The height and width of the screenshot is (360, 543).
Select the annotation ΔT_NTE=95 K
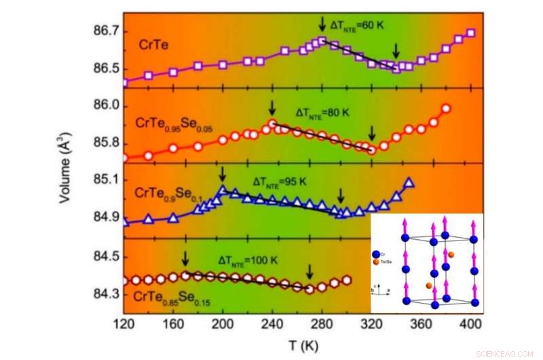280,181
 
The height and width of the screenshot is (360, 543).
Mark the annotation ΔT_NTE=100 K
248,259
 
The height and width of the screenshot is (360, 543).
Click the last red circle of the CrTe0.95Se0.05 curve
446,108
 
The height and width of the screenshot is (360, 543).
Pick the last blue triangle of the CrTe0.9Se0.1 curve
409,183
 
